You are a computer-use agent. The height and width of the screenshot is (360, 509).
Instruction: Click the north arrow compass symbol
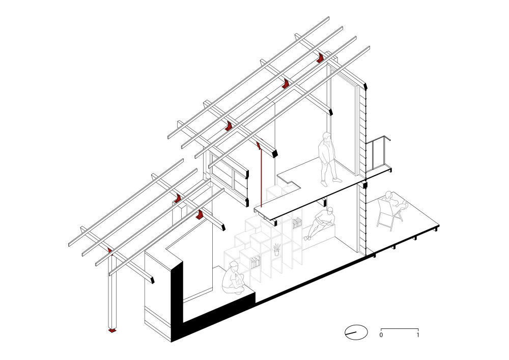356,332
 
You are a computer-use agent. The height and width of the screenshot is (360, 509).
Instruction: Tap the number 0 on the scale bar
381,335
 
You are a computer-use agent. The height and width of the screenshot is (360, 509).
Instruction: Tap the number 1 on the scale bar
418,335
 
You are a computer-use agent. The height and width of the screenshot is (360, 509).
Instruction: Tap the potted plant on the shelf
276,250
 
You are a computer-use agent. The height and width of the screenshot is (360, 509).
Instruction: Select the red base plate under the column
112,330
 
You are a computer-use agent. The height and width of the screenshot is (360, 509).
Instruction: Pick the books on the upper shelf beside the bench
297,224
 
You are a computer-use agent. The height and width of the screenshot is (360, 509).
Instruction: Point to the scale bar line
400,329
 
